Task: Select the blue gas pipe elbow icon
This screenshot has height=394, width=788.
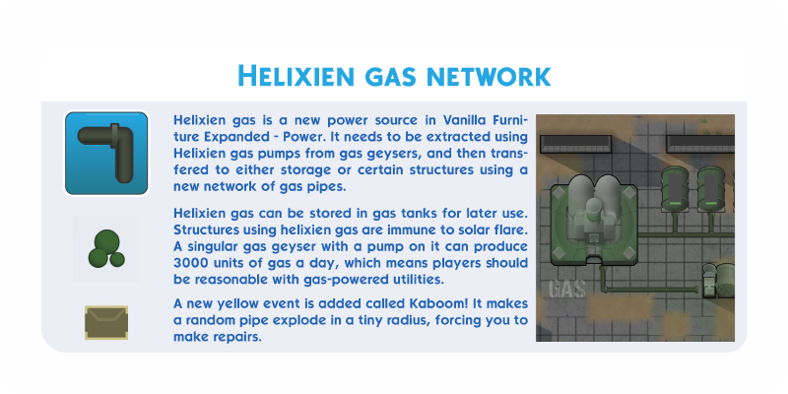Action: [x=106, y=153]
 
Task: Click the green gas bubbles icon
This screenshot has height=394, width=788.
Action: [x=106, y=249]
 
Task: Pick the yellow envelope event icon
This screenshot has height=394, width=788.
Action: [x=106, y=323]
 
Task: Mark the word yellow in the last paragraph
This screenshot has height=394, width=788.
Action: [x=240, y=304]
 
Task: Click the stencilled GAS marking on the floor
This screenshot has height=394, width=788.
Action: [x=567, y=290]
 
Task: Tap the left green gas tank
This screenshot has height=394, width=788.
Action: [x=675, y=188]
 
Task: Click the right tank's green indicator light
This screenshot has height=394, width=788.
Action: [x=711, y=203]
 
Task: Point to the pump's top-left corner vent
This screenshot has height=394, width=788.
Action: [x=558, y=192]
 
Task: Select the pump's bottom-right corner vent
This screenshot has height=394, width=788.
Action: [x=628, y=253]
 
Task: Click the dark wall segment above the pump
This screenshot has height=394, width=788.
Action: [x=576, y=144]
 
